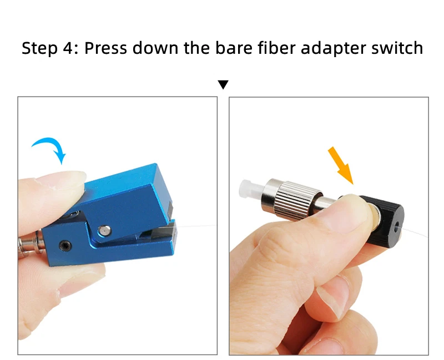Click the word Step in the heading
(39, 48)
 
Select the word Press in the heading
(105, 48)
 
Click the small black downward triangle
(223, 85)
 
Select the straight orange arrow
(340, 165)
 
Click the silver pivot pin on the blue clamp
(105, 230)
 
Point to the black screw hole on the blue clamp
(65, 246)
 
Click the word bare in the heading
(233, 48)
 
